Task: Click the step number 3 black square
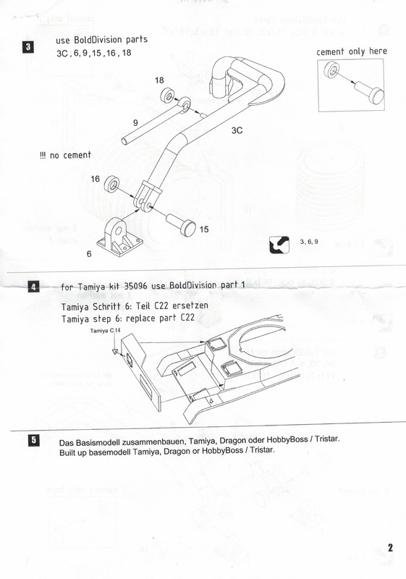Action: [x=28, y=47]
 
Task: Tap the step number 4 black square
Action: [x=33, y=287]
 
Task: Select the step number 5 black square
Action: [x=33, y=440]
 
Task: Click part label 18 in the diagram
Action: [x=159, y=80]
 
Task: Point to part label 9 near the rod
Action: [x=135, y=122]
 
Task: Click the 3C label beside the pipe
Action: [x=237, y=130]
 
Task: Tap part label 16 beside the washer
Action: [x=96, y=179]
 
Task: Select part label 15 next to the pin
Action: [x=204, y=229]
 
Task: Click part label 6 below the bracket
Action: [x=89, y=254]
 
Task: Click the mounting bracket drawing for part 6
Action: [x=119, y=238]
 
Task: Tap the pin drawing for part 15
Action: [x=181, y=224]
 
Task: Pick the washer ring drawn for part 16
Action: [x=111, y=184]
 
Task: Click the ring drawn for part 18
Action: [x=169, y=96]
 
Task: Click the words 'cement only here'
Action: [x=352, y=51]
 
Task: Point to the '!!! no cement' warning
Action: [x=65, y=155]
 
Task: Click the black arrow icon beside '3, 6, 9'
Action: [x=279, y=245]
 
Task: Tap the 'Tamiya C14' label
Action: [x=105, y=331]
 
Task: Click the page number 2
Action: [x=390, y=548]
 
